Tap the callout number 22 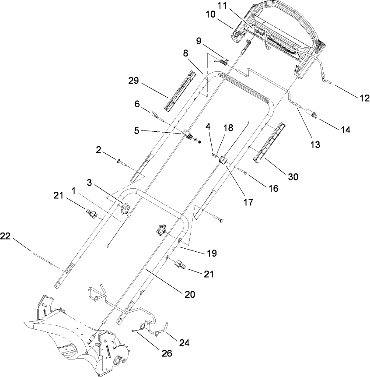click(5, 236)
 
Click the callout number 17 click(248, 202)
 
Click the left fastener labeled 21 click(91, 214)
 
